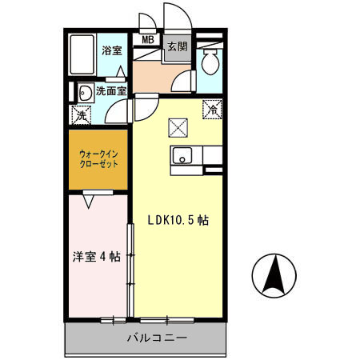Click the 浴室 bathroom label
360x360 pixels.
tap(111, 50)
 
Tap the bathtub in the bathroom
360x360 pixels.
tap(82, 54)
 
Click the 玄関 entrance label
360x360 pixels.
tap(177, 47)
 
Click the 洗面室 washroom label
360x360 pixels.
tap(111, 91)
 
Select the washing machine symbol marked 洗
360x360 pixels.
tap(82, 114)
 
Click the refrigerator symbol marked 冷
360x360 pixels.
tap(214, 108)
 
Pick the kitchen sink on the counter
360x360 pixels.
tap(182, 156)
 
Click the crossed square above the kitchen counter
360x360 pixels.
tap(178, 126)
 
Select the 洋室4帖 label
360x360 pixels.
tap(96, 257)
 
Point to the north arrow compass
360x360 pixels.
tap(274, 275)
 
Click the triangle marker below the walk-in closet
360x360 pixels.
tap(90, 200)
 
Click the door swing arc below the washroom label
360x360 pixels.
tap(116, 110)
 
